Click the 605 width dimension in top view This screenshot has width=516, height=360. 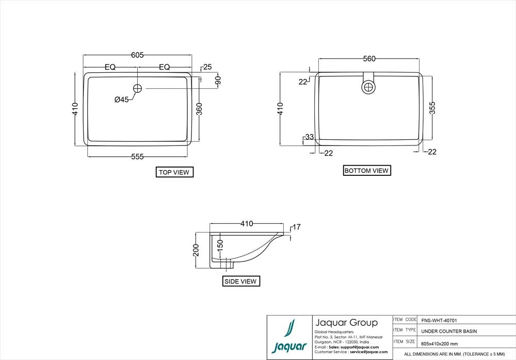(137, 55)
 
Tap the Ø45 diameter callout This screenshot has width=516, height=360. (122, 99)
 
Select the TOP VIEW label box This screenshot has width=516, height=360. (174, 172)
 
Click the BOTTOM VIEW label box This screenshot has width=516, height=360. (366, 170)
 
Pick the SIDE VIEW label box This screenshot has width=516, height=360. (241, 281)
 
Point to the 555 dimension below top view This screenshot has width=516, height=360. (137, 157)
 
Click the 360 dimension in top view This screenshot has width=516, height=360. (199, 109)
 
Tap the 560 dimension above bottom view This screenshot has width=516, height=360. (369, 59)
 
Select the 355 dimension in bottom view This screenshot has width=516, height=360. (432, 107)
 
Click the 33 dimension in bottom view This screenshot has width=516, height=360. (310, 137)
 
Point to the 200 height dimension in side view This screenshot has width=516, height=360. (196, 251)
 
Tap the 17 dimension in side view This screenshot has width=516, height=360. (297, 227)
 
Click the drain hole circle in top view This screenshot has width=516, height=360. (138, 88)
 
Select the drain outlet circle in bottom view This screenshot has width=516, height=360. (368, 87)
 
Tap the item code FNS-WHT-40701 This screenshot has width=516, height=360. (439, 320)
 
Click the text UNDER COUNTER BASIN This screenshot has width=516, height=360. (449, 331)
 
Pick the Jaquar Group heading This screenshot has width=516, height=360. (346, 323)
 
